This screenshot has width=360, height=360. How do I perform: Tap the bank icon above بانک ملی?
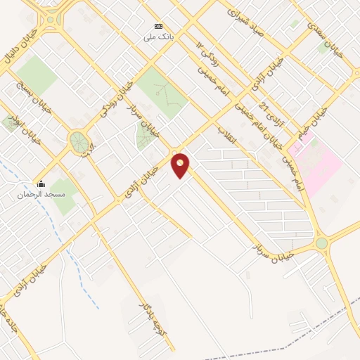157,25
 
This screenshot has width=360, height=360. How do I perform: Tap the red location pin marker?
181,165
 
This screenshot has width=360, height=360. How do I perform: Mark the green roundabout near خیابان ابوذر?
78,143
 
